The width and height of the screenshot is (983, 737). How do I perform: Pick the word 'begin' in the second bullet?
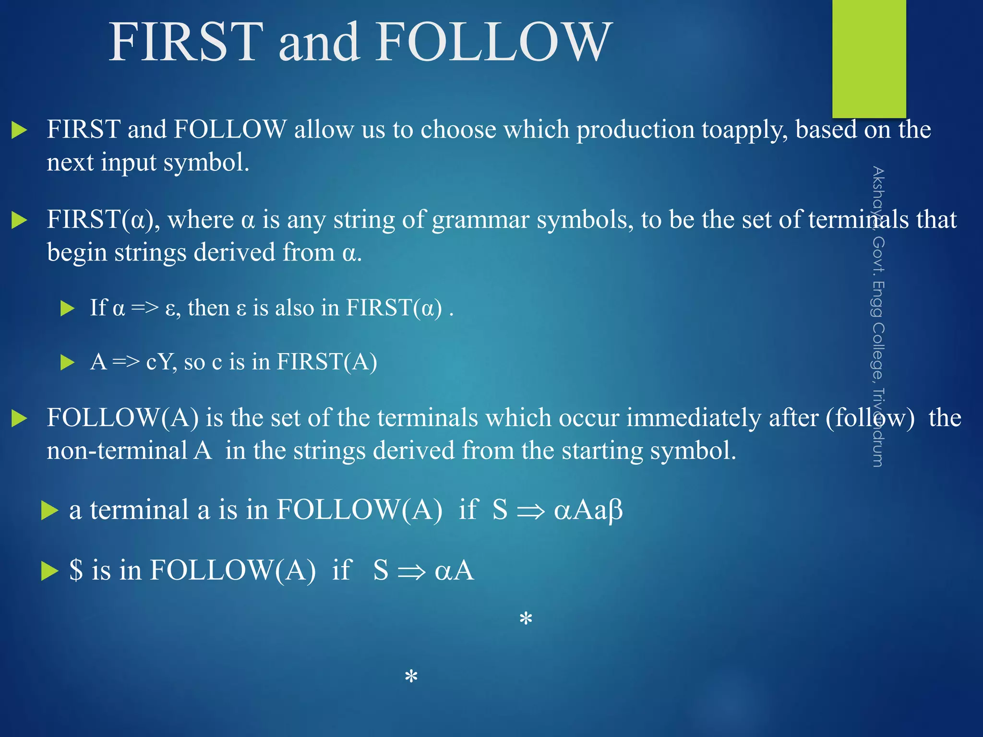pyautogui.click(x=77, y=253)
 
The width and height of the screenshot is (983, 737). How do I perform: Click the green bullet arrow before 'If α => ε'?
pyautogui.click(x=68, y=308)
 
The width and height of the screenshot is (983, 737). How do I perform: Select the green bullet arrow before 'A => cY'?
pyautogui.click(x=68, y=362)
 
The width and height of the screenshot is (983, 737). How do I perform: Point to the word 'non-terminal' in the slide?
pyautogui.click(x=117, y=451)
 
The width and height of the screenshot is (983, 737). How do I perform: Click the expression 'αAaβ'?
pyautogui.click(x=588, y=510)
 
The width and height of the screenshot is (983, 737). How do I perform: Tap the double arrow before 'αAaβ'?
pyautogui.click(x=531, y=511)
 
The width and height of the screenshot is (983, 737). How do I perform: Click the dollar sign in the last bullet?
pyautogui.click(x=76, y=570)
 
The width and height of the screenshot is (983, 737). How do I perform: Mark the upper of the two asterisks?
pyautogui.click(x=526, y=619)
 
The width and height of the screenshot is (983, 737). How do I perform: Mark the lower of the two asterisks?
pyautogui.click(x=411, y=677)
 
